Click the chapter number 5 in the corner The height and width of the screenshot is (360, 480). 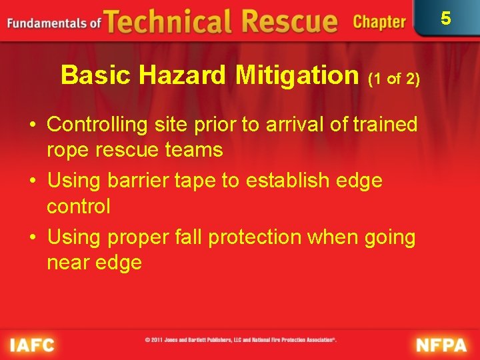coord(446,18)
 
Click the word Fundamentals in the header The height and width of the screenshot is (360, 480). coord(47,23)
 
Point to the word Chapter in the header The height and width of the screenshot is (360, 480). coord(379,22)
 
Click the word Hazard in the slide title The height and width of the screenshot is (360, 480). coord(184,76)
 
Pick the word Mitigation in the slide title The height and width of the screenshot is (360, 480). coord(297,76)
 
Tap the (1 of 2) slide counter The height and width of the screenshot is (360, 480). coord(394,79)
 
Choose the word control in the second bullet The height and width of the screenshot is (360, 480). coord(78,207)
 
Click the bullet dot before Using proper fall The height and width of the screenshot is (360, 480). coord(33,237)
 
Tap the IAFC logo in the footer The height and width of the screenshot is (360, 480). coord(32,345)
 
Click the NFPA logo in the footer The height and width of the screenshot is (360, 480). coord(442,345)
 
